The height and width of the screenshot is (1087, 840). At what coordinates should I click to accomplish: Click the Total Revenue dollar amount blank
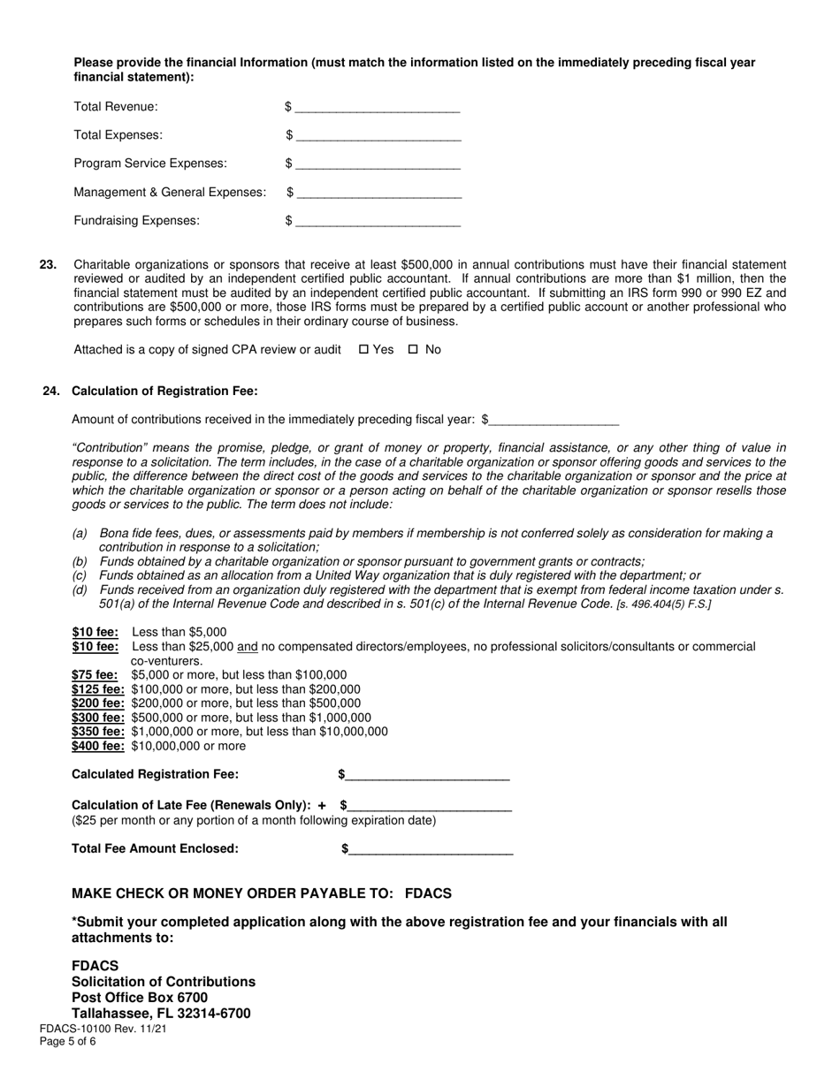click(378, 108)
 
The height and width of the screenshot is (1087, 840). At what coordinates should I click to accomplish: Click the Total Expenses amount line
click(378, 136)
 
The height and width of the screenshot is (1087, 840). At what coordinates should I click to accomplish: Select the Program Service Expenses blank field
click(378, 164)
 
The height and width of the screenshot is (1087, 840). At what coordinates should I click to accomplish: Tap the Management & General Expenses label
click(170, 192)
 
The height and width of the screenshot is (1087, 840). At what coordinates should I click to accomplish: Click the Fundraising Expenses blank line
click(378, 221)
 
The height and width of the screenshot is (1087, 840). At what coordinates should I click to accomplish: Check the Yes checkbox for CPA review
click(363, 349)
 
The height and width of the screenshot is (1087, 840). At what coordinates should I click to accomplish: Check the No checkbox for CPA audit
click(413, 349)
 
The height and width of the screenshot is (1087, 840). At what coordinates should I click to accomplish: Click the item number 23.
click(49, 264)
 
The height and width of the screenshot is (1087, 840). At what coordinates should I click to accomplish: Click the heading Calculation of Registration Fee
click(164, 391)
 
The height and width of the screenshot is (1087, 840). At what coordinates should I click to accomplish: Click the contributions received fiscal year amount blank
click(554, 420)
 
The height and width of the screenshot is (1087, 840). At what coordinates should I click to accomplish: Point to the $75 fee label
click(95, 674)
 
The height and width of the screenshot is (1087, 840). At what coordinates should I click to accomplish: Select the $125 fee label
click(98, 688)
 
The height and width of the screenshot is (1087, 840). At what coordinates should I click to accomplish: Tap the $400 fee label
click(98, 745)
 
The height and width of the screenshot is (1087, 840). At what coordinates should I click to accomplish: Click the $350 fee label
click(98, 731)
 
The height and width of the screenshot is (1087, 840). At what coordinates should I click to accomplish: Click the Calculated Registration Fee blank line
click(427, 775)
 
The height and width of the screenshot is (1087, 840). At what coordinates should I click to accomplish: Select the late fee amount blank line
click(430, 805)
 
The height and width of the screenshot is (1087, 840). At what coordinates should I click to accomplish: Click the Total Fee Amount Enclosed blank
click(431, 849)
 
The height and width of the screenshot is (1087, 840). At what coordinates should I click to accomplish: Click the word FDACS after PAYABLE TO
click(428, 893)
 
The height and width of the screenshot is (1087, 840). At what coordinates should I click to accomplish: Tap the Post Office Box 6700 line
click(140, 997)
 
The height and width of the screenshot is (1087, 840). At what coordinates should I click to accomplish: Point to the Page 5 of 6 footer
click(68, 1041)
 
